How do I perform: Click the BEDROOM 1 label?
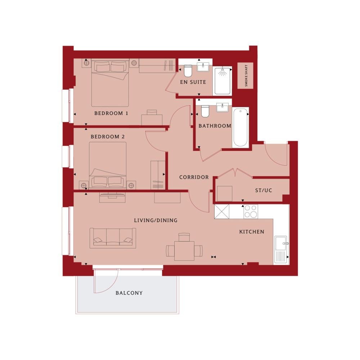[x=111, y=113]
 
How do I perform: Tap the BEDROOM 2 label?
[x=108, y=136]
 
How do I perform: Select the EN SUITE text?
[x=193, y=82]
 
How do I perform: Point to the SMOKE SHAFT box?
[x=246, y=76]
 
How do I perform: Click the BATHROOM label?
[x=215, y=126]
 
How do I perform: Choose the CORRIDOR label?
[x=194, y=177]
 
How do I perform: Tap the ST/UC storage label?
[x=264, y=190]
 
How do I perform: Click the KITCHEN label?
[x=252, y=232]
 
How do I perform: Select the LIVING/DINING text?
[x=156, y=220]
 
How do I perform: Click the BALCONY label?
[x=129, y=293]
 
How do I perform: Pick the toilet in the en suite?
[x=188, y=71]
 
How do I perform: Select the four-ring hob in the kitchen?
[x=251, y=211]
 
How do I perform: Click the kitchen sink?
[x=280, y=249]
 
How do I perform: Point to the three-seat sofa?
[x=113, y=238]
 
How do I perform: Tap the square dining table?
[x=184, y=251]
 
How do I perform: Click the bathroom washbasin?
[x=222, y=107]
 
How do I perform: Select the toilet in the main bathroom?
[x=205, y=111]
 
